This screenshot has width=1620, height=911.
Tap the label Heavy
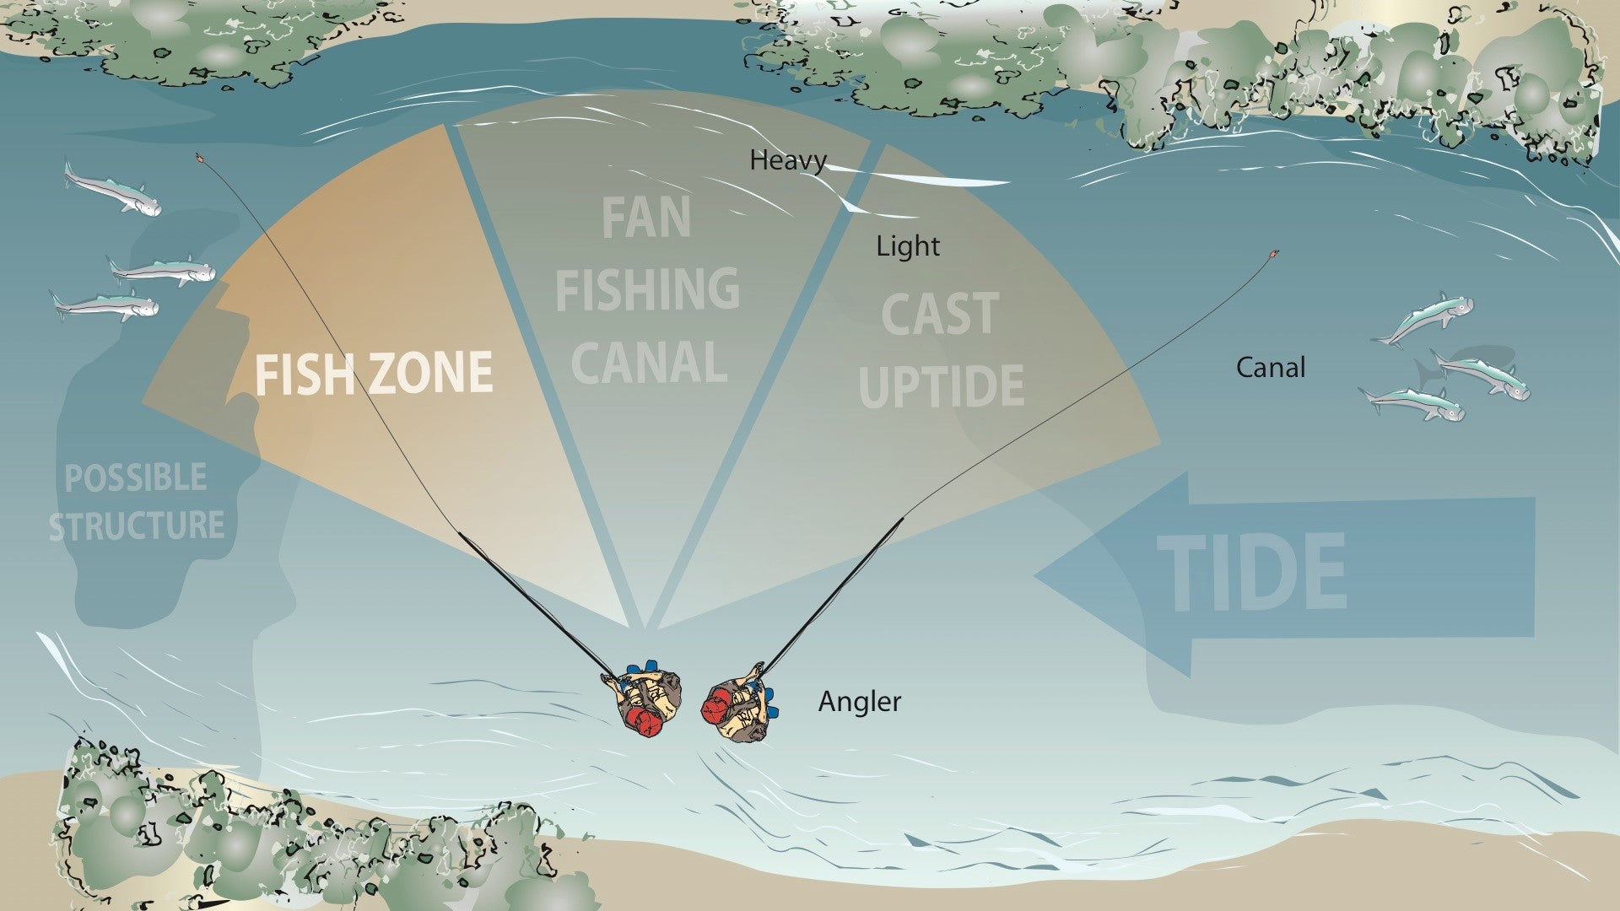tap(787, 160)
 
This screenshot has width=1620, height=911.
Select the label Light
tap(907, 246)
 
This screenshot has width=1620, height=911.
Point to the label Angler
tap(859, 702)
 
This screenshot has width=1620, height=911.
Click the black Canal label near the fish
tap(1270, 368)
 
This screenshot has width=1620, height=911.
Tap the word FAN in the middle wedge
tap(645, 218)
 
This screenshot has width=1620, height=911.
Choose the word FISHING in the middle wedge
tap(647, 289)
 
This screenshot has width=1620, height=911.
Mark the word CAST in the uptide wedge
tap(940, 315)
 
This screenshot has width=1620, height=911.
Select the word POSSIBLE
tap(136, 478)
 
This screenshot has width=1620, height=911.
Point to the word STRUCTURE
tap(136, 526)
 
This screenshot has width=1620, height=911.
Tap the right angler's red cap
tap(715, 705)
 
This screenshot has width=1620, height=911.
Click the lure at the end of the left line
tap(200, 158)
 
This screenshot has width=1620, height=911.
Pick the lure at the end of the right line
tap(1273, 254)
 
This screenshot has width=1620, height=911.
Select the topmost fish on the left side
tap(112, 190)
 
